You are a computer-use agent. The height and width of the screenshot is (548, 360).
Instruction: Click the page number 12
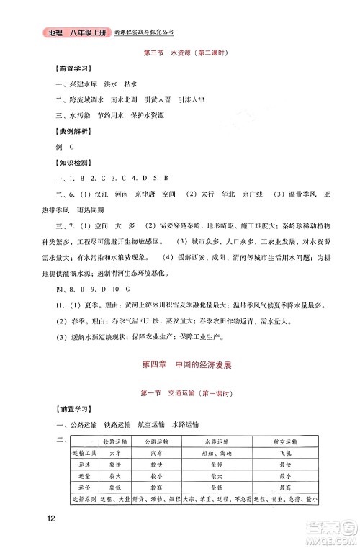[x=50, y=518]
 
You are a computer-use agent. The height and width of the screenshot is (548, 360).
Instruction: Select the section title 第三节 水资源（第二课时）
[x=179, y=52]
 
